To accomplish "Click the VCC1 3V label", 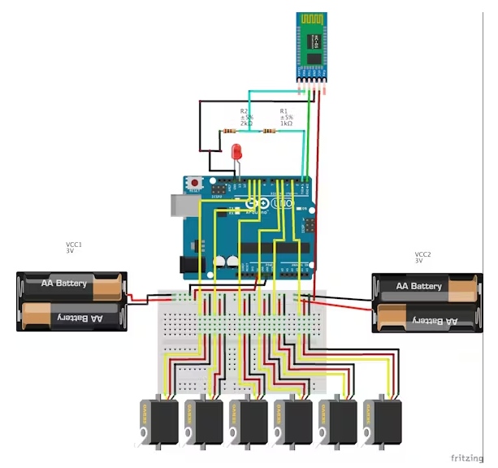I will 74,247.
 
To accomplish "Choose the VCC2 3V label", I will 422,258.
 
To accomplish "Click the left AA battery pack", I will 72,301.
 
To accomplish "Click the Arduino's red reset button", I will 195,183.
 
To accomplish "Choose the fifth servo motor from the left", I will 338,421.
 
